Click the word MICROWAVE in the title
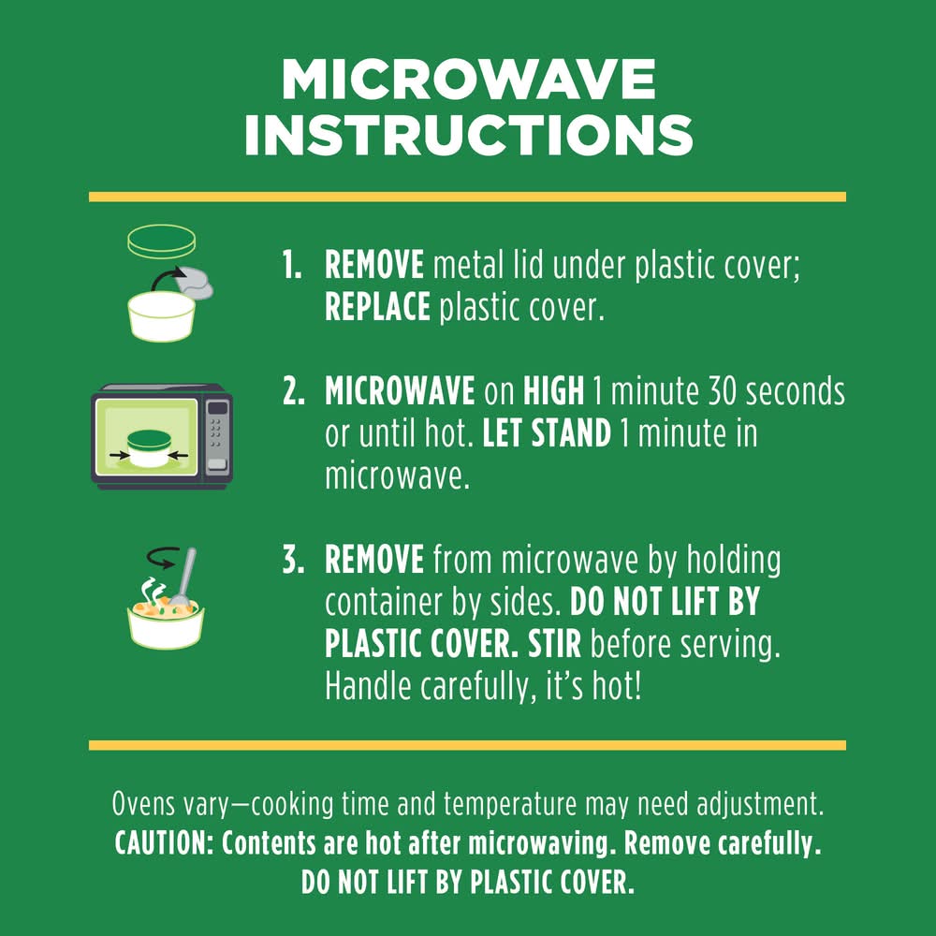(469, 80)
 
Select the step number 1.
(291, 265)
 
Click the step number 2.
(293, 391)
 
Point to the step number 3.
(293, 561)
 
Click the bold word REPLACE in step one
(377, 307)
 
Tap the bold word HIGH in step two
(553, 391)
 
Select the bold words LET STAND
(547, 434)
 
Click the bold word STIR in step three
(554, 645)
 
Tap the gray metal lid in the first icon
(196, 282)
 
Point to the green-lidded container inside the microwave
(149, 448)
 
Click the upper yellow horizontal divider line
(467, 197)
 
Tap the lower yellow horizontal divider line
(467, 745)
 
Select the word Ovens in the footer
(143, 803)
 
